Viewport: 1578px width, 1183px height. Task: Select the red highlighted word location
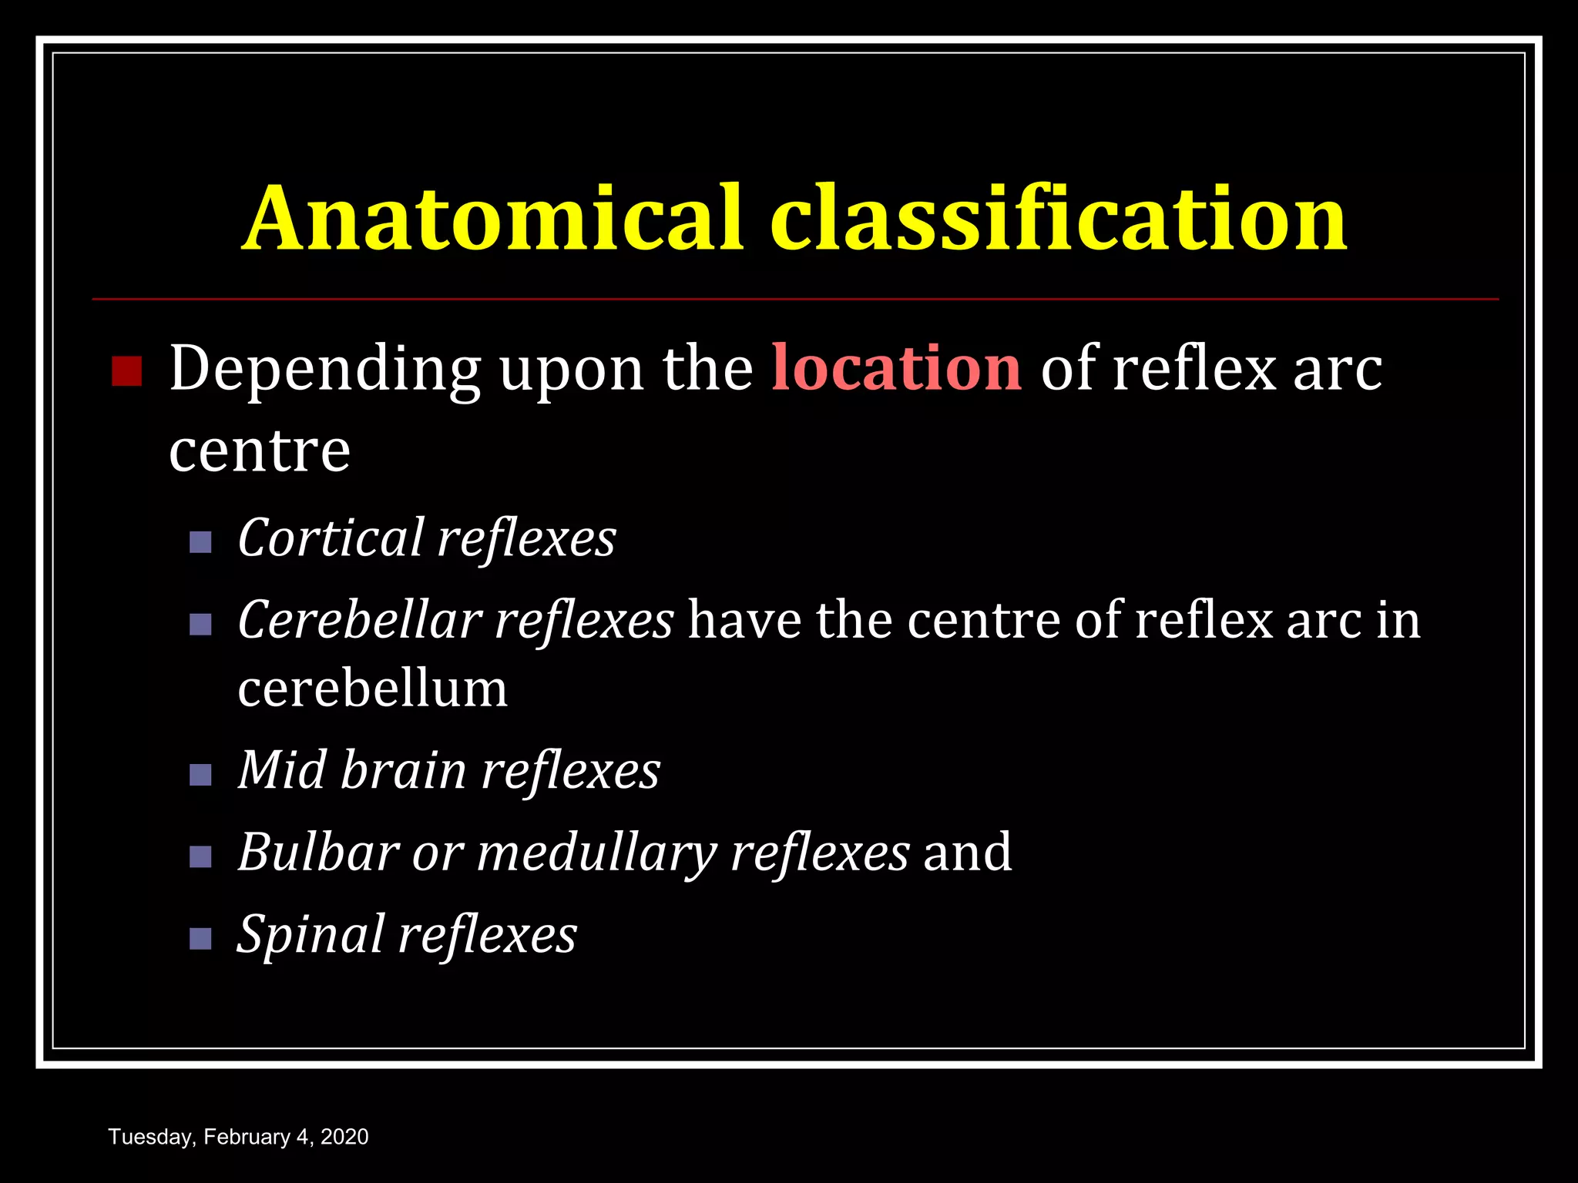click(896, 369)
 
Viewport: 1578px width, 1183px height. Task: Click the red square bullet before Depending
click(127, 370)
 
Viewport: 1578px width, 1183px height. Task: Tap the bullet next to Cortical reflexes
click(200, 542)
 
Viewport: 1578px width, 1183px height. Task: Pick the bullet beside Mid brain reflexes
click(200, 774)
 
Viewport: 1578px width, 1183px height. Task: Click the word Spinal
click(311, 935)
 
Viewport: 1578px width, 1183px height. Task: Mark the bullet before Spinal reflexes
click(200, 939)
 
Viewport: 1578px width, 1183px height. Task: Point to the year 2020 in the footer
click(344, 1137)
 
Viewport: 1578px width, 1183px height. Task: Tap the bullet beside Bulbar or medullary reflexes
click(200, 856)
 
